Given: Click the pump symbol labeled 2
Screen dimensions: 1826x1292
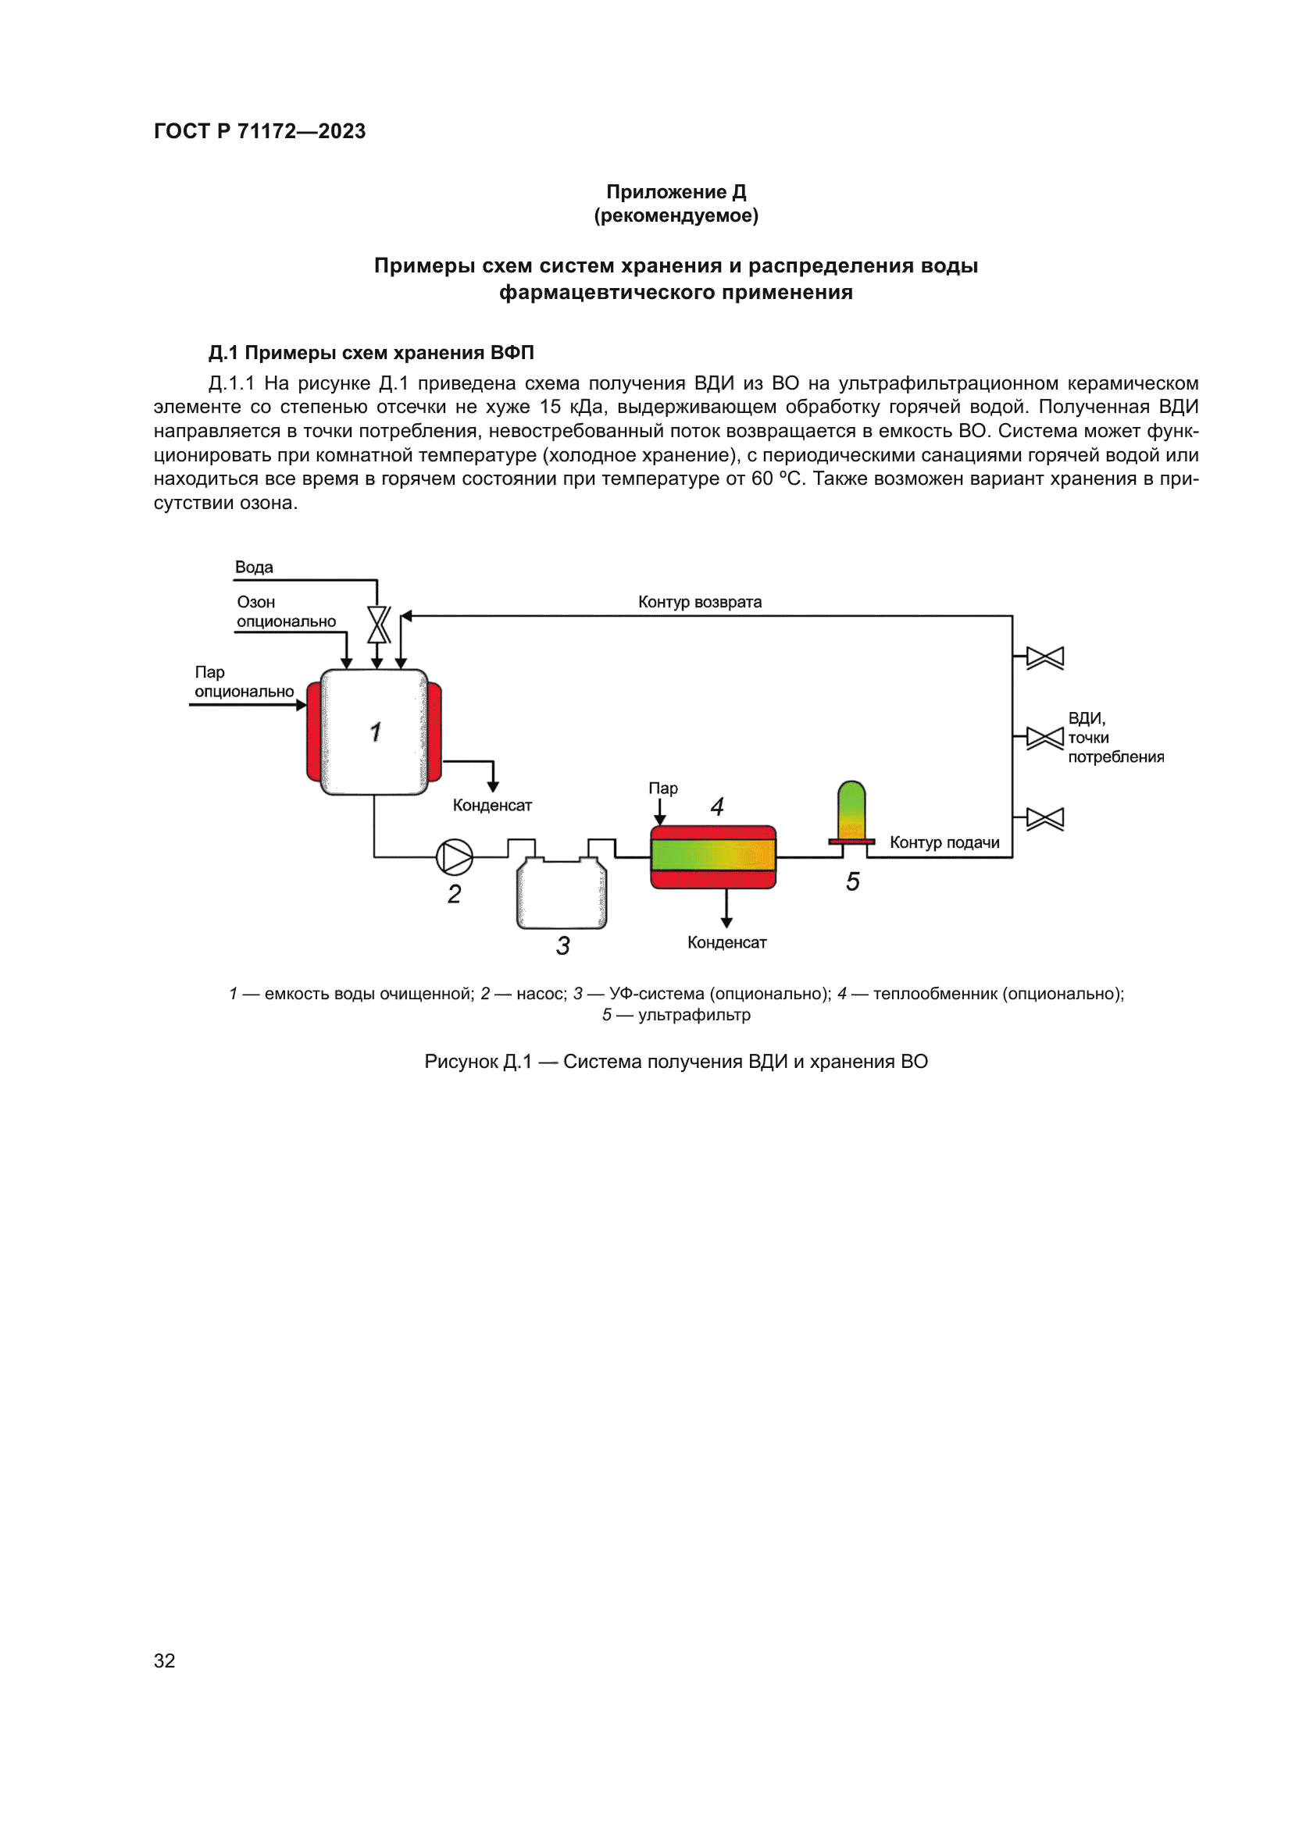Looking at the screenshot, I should coord(455,856).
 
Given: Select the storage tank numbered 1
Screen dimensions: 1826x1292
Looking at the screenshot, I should coord(374,731).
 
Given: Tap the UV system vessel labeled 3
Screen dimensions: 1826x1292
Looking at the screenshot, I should coord(562,895).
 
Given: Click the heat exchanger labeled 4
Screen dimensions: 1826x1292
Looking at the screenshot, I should coord(713,856).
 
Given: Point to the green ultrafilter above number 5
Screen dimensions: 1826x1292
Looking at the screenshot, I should coord(851,809).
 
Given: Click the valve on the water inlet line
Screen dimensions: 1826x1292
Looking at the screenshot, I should coord(378,625).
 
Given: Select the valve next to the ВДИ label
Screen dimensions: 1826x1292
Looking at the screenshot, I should coord(1044,738).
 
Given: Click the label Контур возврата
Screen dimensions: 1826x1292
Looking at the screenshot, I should coord(699,602).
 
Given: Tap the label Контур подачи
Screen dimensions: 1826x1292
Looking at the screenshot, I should coord(944,842).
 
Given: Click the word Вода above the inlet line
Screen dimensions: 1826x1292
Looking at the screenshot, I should coord(254,567).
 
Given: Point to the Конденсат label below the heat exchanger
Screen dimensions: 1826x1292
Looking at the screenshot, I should coord(726,942).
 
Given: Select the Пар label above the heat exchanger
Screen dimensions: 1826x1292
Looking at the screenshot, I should coord(662,788).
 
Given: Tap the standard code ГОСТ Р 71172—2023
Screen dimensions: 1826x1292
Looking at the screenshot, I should coord(259,131).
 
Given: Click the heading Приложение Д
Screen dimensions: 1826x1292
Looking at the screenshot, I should coord(676,192).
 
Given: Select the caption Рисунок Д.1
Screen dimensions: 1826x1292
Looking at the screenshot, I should coord(477,1062).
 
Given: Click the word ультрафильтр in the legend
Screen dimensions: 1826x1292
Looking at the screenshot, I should coord(694,1015).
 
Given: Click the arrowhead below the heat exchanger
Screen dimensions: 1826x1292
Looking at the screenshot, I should coord(726,922).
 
